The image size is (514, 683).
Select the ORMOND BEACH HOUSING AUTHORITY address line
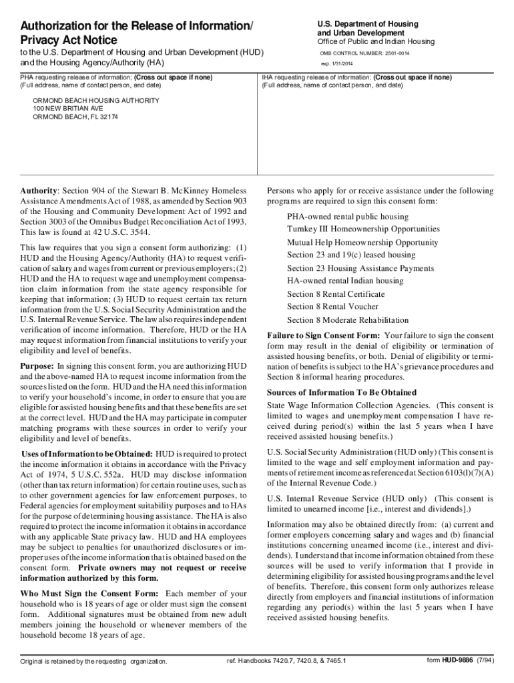point(96,100)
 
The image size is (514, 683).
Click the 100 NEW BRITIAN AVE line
point(68,108)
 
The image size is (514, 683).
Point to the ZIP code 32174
point(108,117)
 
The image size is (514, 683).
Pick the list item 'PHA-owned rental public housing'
point(348,217)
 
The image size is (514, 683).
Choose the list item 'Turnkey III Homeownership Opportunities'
point(363,229)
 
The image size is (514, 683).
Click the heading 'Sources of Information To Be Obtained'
point(342,392)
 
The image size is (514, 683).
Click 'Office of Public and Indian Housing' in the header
point(376,41)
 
